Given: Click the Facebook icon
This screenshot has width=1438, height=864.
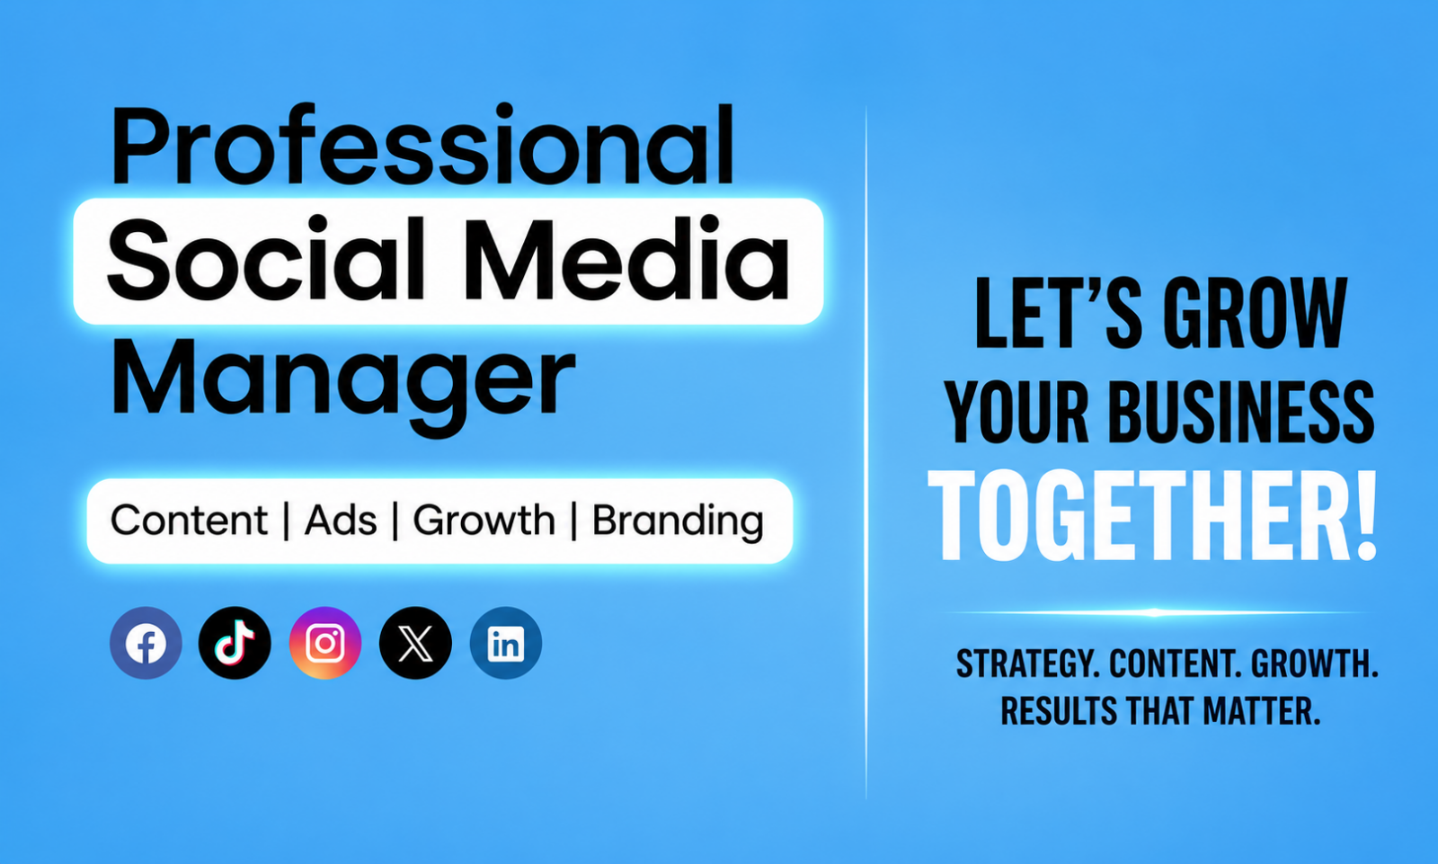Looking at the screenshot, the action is (146, 643).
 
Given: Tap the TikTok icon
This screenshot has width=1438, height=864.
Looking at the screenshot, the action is (235, 643).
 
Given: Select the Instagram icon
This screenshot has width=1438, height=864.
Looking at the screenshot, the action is (325, 643).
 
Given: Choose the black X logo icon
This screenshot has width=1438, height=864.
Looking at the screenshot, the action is (415, 643).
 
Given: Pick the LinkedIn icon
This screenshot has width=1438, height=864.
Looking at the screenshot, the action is (506, 643).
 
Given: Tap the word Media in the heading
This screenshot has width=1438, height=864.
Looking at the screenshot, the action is (627, 259).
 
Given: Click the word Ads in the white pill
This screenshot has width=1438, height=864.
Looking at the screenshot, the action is (341, 521).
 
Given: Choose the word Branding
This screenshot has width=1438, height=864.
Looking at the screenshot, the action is (678, 521).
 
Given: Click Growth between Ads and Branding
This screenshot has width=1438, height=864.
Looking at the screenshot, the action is (484, 521).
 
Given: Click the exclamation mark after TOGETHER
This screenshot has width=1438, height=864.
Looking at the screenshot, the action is (1365, 516).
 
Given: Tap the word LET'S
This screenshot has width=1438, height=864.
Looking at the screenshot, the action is (1059, 314).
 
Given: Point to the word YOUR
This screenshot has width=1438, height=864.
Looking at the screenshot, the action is (1016, 413).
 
